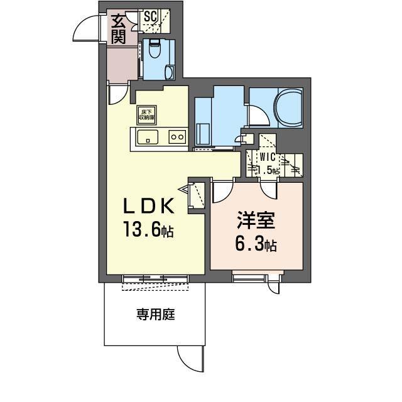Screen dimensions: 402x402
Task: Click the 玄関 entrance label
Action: tap(118, 28)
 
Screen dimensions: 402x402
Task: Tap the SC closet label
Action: tap(151, 17)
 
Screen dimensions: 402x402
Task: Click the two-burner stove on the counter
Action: tap(177, 137)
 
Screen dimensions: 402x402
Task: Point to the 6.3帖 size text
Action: tap(256, 244)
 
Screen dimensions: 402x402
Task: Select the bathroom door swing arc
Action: tap(258, 117)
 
